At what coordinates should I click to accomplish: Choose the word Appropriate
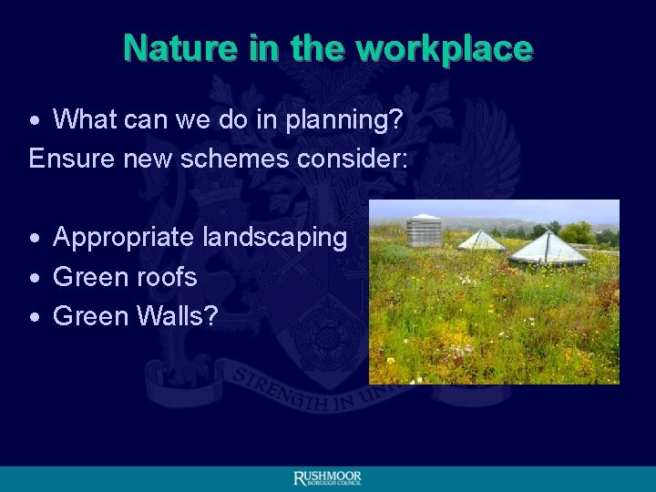[x=124, y=238]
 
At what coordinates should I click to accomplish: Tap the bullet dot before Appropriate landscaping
[x=34, y=239]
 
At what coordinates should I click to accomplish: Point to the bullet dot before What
[x=34, y=120]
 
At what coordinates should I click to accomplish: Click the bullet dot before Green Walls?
[x=34, y=317]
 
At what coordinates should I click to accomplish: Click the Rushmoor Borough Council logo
[x=327, y=479]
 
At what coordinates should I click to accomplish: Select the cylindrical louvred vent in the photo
[x=424, y=231]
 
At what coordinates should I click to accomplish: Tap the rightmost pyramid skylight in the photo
[x=548, y=247]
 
